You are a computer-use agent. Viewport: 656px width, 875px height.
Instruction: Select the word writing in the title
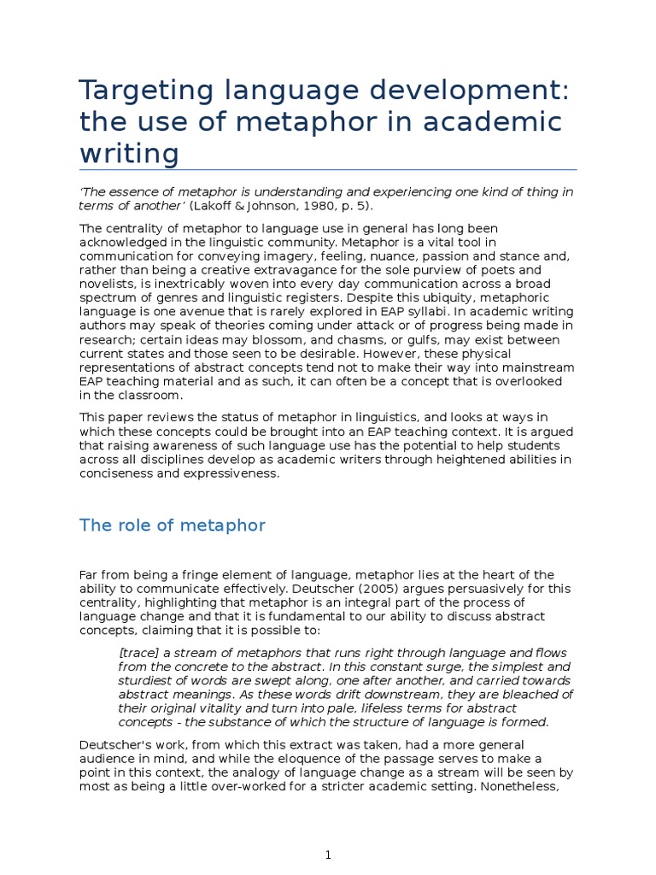[129, 155]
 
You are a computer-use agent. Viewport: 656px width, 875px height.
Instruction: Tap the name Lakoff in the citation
[216, 205]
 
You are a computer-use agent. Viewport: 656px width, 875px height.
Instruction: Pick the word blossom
[290, 339]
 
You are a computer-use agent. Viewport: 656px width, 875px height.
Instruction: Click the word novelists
[107, 283]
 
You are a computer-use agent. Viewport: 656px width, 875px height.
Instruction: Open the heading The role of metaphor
[173, 526]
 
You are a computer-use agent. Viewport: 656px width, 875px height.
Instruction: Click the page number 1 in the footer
[328, 855]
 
